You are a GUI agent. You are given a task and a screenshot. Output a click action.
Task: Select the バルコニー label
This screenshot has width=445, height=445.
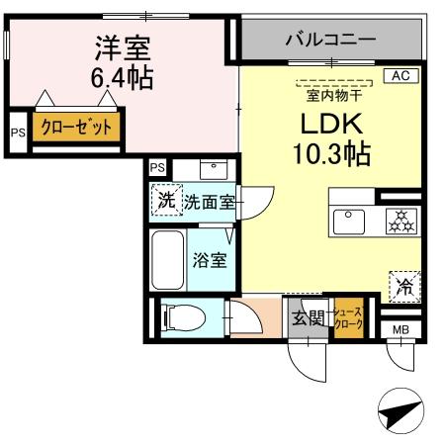329,41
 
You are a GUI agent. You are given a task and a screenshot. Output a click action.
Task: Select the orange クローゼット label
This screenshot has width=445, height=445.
76,128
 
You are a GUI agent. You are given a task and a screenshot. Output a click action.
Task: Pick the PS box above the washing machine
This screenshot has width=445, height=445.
157,167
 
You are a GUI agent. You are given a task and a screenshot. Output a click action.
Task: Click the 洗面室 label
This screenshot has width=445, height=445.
211,203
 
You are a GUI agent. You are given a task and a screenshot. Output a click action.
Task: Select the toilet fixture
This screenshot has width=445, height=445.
182,318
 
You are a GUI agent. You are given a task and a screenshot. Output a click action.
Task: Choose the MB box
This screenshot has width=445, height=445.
401,329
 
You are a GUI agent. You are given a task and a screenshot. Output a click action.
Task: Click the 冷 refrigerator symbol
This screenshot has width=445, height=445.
405,287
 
